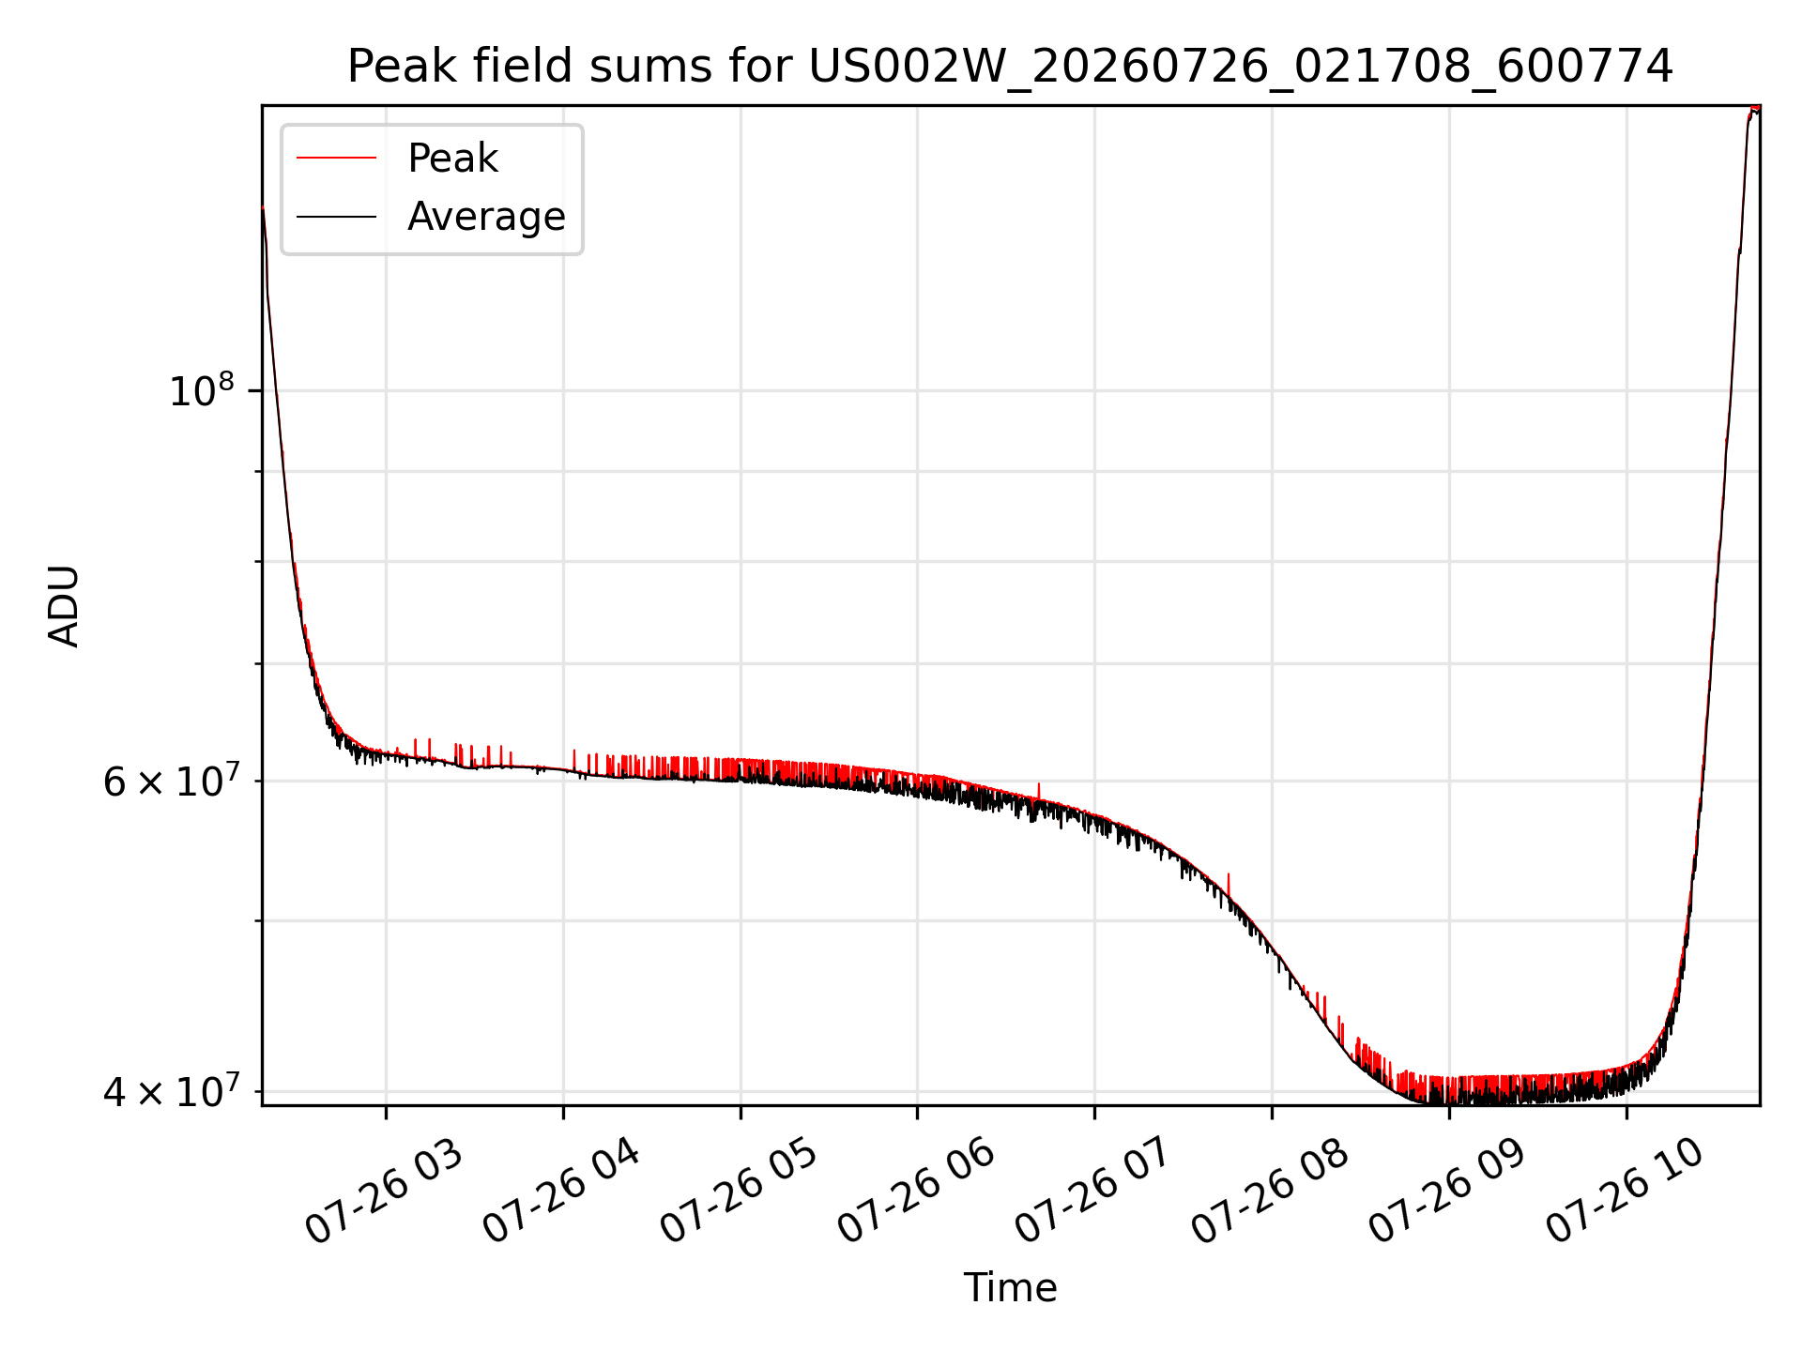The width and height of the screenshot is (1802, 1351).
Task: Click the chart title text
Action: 1010,67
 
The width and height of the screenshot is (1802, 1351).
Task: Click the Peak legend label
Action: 452,159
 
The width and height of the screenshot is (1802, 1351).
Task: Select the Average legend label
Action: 486,217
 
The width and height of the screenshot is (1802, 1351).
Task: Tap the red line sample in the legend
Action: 336,159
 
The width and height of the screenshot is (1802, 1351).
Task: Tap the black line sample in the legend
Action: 336,217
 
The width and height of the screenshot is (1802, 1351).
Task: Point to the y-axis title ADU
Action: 64,606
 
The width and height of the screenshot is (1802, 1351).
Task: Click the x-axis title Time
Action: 1010,1288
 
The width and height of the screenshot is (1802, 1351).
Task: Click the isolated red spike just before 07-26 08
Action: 1229,886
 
